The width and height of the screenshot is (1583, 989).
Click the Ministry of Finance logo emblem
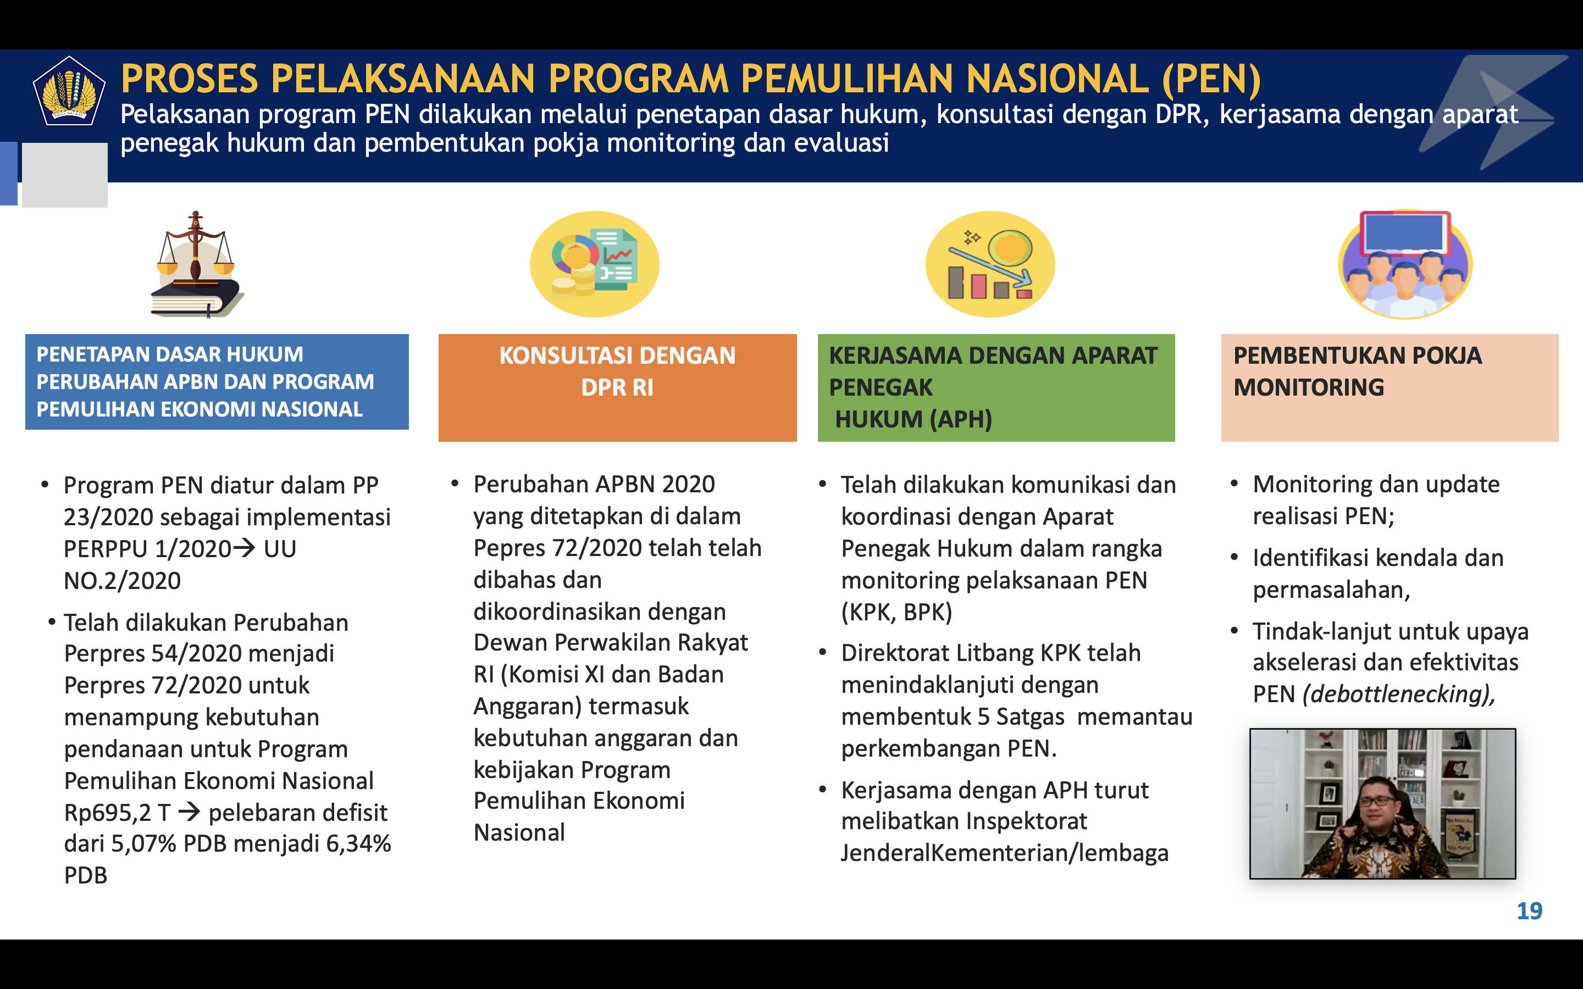pyautogui.click(x=69, y=91)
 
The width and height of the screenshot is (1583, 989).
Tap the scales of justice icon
pyautogui.click(x=196, y=264)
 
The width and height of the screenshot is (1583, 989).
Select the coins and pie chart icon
pyautogui.click(x=594, y=264)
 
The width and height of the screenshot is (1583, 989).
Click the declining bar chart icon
pyautogui.click(x=990, y=264)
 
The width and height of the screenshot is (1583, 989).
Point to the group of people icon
pyautogui.click(x=1405, y=264)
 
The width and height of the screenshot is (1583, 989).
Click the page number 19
pyautogui.click(x=1529, y=910)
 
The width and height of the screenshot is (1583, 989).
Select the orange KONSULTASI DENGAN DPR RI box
pyautogui.click(x=617, y=388)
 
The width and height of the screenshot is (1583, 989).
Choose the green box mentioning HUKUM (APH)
pyautogui.click(x=996, y=388)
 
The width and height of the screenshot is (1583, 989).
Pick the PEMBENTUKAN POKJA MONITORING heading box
pyautogui.click(x=1390, y=388)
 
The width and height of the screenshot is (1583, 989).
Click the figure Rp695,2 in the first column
pyautogui.click(x=107, y=813)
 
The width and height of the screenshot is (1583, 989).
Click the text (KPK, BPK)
pyautogui.click(x=897, y=612)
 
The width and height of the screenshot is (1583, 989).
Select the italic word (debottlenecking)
pyautogui.click(x=1398, y=694)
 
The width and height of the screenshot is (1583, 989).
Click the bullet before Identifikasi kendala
pyautogui.click(x=1235, y=558)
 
